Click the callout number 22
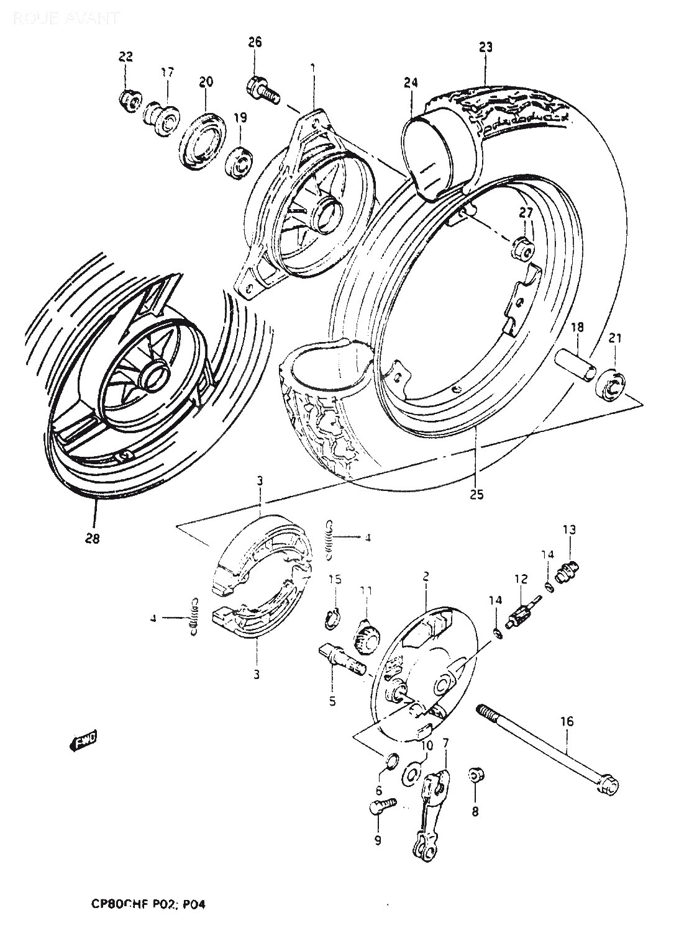pyautogui.click(x=125, y=56)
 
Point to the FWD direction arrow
pyautogui.click(x=84, y=741)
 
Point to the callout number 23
pyautogui.click(x=486, y=46)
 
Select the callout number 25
pyautogui.click(x=476, y=495)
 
